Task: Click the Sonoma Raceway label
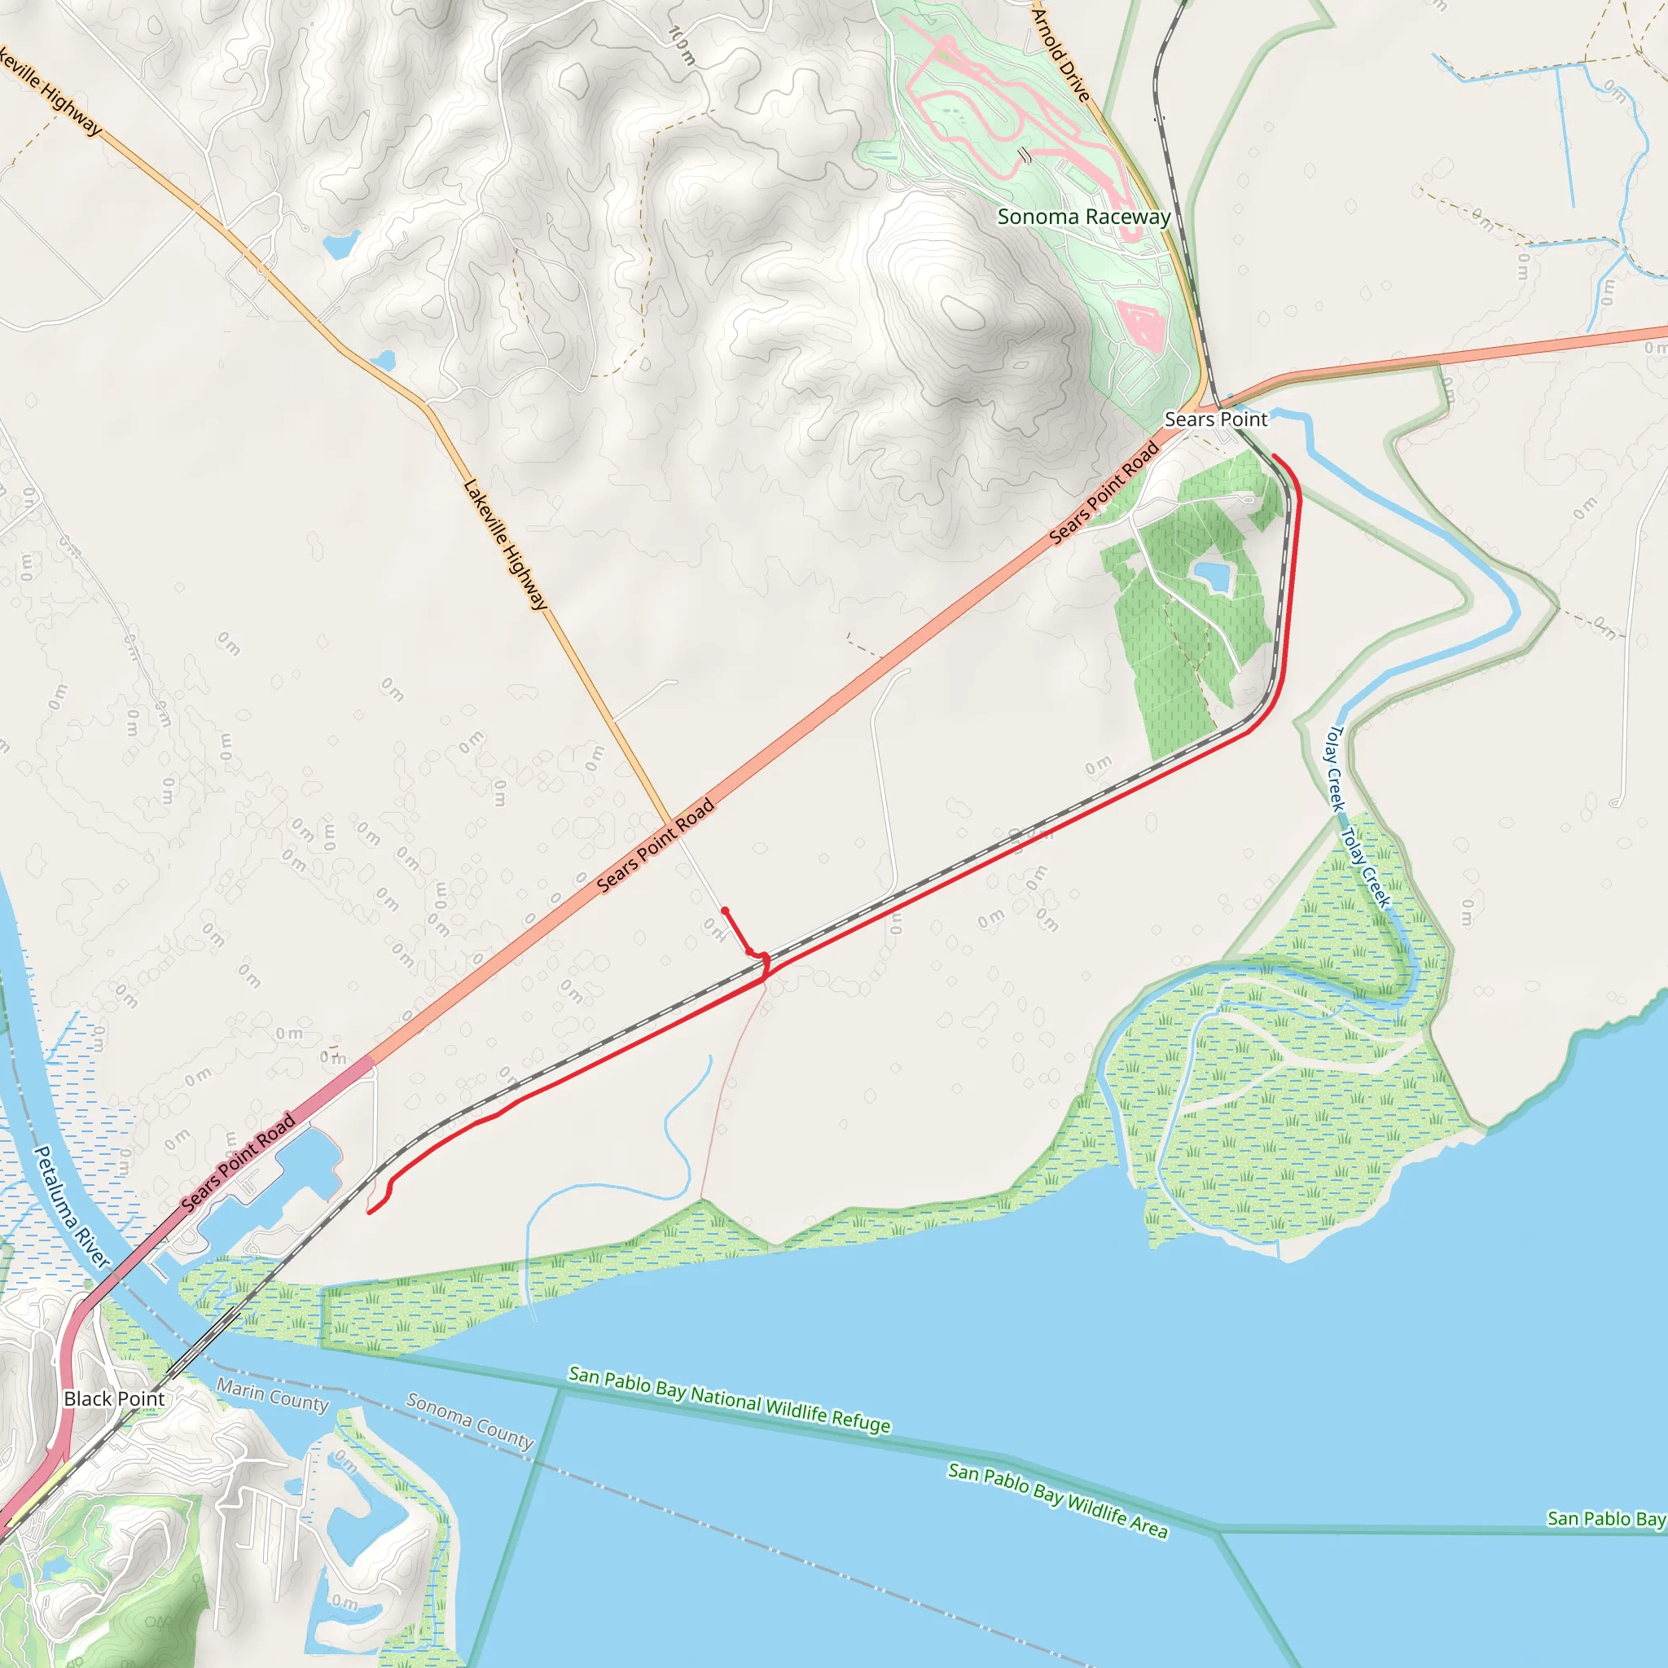1083,217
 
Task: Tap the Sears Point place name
1216,419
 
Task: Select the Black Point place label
114,1398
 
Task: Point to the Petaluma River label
72,1207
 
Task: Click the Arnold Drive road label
1062,54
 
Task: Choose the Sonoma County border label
470,1420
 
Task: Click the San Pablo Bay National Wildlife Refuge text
729,1399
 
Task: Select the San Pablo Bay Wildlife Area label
1058,1499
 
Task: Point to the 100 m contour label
682,45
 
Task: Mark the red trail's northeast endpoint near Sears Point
1275,457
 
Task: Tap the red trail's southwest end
370,1213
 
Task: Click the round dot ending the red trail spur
724,910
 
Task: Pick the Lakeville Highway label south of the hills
506,546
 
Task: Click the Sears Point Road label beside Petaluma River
239,1161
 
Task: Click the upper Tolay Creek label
1336,768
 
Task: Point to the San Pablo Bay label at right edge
1606,1519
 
